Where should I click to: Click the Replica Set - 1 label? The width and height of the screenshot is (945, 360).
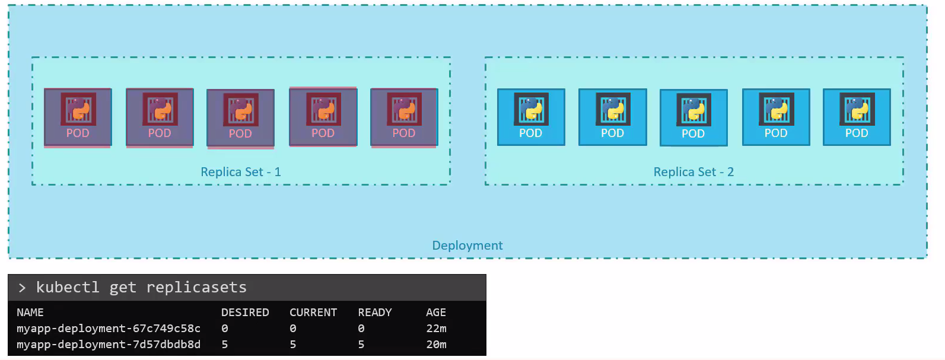pos(240,172)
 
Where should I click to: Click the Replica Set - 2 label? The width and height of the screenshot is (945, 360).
pos(693,172)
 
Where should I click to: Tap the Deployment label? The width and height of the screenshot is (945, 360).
pos(467,246)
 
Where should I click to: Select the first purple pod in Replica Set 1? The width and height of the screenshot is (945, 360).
pos(78,117)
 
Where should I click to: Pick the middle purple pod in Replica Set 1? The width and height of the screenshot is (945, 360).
pos(240,118)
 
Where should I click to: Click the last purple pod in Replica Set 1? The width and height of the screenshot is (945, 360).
pos(404,117)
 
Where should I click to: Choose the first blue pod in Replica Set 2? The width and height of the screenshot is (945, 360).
pos(531,117)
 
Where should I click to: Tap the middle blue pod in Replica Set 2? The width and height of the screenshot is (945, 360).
pos(693,117)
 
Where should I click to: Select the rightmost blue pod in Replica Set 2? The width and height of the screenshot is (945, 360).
pos(857,117)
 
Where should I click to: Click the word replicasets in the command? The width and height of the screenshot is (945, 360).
pos(196,288)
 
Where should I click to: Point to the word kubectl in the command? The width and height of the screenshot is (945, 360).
pos(68,288)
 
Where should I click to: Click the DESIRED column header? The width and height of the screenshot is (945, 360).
pos(245,313)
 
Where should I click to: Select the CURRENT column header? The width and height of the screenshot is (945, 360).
pos(313,313)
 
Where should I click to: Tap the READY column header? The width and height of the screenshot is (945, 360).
pos(375,313)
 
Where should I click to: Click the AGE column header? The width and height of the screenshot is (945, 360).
pos(436,313)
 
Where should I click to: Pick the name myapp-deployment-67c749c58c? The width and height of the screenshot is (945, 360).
pos(109,329)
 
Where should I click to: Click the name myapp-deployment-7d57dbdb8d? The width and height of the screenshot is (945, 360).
pos(109,345)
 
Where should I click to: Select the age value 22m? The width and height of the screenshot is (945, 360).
pos(437,329)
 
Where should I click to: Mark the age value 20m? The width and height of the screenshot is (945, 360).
pos(437,345)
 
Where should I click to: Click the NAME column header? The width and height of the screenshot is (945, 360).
pos(30,313)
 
